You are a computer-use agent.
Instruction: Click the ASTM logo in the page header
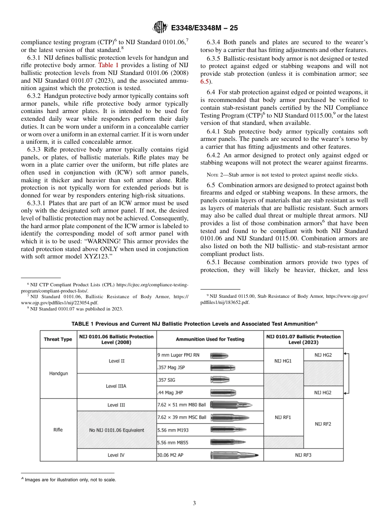point(160,27)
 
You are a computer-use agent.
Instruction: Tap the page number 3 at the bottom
point(194,503)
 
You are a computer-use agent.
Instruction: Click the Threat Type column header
point(58,339)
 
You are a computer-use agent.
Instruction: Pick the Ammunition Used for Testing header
point(210,339)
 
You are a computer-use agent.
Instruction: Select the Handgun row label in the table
point(58,374)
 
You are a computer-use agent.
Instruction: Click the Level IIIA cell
point(116,386)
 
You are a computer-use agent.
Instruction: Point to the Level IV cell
point(116,455)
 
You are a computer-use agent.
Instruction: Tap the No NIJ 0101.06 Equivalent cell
point(117,430)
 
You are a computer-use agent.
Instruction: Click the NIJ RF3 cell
point(303,455)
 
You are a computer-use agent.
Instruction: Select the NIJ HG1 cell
point(283,361)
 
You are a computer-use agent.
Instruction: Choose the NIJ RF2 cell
point(323,424)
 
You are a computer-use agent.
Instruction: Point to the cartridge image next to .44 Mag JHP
point(222,392)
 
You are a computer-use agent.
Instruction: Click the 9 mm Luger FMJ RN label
point(179,355)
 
